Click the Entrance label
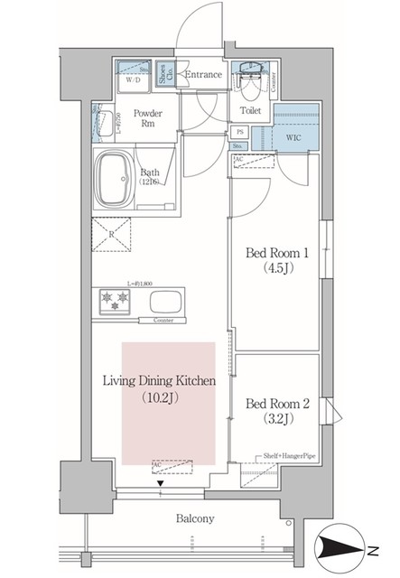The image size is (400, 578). click(203, 74)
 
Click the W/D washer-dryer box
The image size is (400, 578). click(133, 78)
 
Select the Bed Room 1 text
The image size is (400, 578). click(274, 254)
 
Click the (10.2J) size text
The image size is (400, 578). click(162, 396)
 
